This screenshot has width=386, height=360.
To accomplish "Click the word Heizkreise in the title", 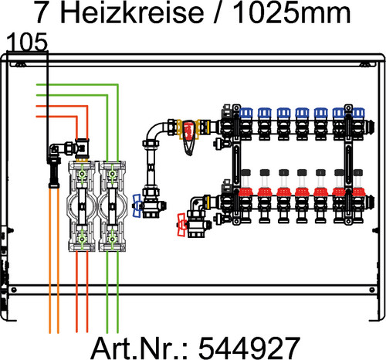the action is click(x=132, y=12).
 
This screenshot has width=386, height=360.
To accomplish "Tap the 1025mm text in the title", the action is click(x=292, y=12).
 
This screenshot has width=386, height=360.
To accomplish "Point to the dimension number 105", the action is click(x=27, y=42).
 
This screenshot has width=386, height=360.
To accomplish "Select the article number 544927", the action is click(x=249, y=348).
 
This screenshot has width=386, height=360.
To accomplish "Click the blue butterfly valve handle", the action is click(x=137, y=205).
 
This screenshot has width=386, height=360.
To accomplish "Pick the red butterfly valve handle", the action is click(x=181, y=225).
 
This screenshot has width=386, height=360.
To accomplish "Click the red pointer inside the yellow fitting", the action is click(x=189, y=131).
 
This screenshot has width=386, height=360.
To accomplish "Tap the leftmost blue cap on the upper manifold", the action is click(x=246, y=114).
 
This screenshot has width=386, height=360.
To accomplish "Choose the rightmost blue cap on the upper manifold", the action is click(x=358, y=114).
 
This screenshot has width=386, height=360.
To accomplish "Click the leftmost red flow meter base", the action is click(x=245, y=192).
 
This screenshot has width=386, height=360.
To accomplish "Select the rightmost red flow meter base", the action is click(x=359, y=192).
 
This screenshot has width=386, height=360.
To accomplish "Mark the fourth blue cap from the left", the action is click(x=302, y=114).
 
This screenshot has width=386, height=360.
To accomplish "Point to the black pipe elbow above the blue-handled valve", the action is click(x=154, y=131).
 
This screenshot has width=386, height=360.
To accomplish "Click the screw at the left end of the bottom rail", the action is click(x=14, y=290).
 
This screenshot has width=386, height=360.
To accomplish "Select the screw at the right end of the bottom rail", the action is click(x=372, y=290).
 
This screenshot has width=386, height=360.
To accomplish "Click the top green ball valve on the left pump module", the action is click(x=82, y=174).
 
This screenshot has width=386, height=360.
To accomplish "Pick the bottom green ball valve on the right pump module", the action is click(x=112, y=239).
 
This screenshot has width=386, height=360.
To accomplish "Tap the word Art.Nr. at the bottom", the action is click(x=139, y=348).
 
